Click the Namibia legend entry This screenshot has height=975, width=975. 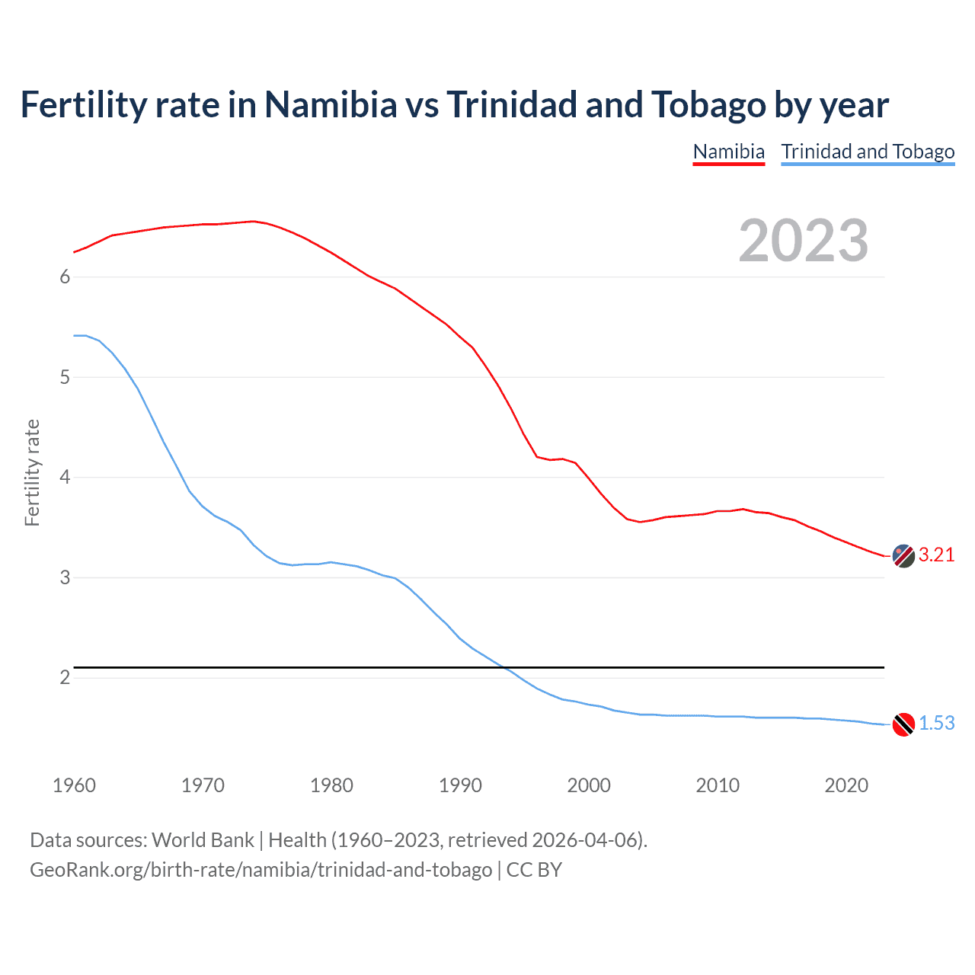pyautogui.click(x=728, y=152)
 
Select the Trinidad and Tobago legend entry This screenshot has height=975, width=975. pyautogui.click(x=868, y=152)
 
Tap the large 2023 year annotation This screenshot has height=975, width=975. pyautogui.click(x=803, y=241)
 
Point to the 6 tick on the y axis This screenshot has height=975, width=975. pyautogui.click(x=65, y=277)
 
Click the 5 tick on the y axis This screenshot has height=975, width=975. pyautogui.click(x=65, y=377)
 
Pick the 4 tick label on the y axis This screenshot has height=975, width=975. pyautogui.click(x=65, y=478)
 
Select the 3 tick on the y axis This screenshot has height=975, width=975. pyautogui.click(x=65, y=577)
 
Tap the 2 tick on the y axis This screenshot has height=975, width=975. pyautogui.click(x=65, y=677)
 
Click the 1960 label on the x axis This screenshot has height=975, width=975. pyautogui.click(x=74, y=785)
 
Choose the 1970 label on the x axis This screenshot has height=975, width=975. pyautogui.click(x=203, y=785)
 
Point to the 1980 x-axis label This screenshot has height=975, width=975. pyautogui.click(x=331, y=785)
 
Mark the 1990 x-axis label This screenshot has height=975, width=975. pyautogui.click(x=460, y=785)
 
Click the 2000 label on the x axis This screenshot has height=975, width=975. pyautogui.click(x=589, y=785)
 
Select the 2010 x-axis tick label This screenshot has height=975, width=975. pyautogui.click(x=718, y=785)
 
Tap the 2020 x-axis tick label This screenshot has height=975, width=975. pyautogui.click(x=846, y=785)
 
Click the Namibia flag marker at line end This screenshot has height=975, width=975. pyautogui.click(x=903, y=556)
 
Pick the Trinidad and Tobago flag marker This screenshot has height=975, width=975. pyautogui.click(x=903, y=724)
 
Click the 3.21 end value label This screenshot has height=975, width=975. pyautogui.click(x=936, y=555)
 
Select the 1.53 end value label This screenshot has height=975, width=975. pyautogui.click(x=936, y=724)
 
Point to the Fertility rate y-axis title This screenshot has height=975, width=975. pyautogui.click(x=32, y=472)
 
